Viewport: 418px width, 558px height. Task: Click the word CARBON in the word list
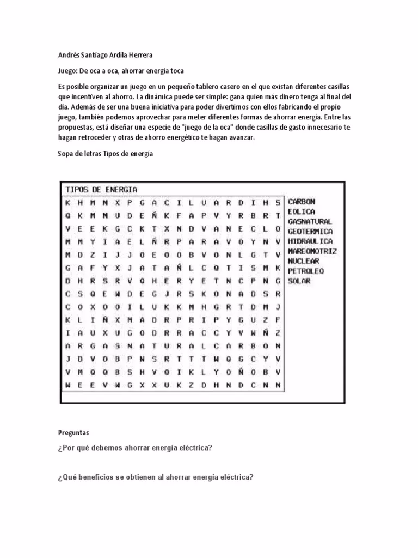tap(302, 202)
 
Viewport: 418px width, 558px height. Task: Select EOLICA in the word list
tap(302, 211)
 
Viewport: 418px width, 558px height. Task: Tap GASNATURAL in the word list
tap(310, 222)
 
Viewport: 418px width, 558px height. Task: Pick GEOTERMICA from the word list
tap(310, 232)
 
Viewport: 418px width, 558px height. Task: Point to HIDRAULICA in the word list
tap(310, 241)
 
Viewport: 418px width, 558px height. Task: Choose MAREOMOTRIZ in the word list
tap(312, 251)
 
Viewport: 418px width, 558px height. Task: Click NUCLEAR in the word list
tap(304, 261)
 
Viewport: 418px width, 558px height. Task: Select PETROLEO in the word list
tap(306, 271)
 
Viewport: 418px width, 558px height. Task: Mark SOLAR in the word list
tap(299, 281)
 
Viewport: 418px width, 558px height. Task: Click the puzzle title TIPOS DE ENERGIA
tap(102, 190)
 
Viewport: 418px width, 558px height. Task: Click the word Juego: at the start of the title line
tap(68, 71)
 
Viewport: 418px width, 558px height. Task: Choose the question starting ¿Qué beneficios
tap(156, 477)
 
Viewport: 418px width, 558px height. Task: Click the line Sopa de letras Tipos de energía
tap(106, 154)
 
